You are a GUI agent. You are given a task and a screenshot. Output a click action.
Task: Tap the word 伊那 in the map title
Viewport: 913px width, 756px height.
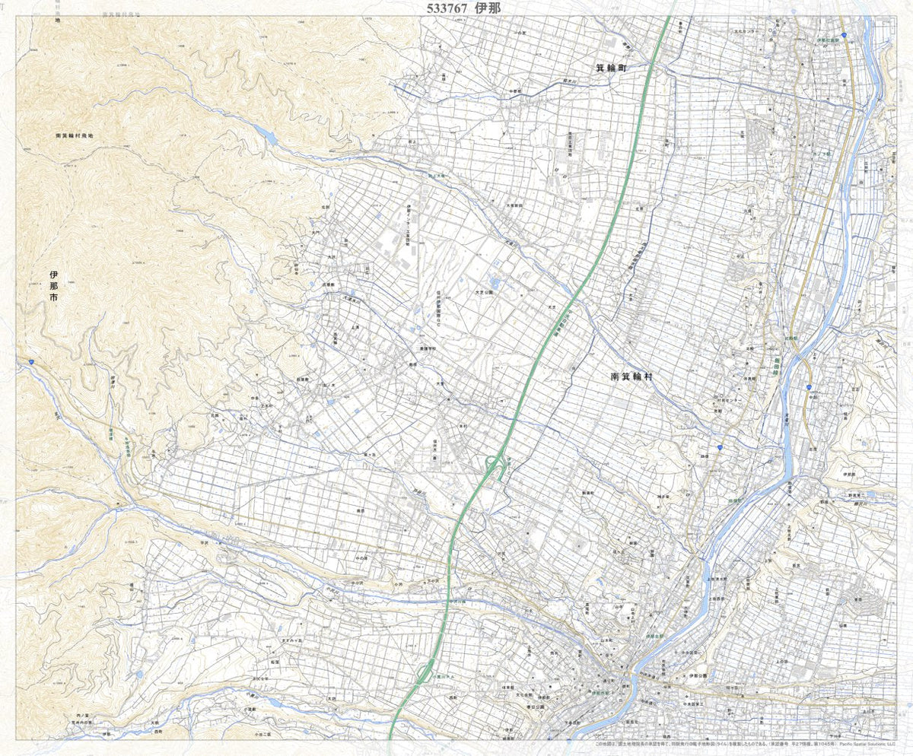pyautogui.click(x=488, y=8)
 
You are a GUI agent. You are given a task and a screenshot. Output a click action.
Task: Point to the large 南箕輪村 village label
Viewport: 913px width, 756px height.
pyautogui.click(x=638, y=376)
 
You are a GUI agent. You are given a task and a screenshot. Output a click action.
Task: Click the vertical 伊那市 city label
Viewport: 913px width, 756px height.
pyautogui.click(x=53, y=287)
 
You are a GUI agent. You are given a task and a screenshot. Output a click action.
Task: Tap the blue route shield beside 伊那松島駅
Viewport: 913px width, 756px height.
pyautogui.click(x=844, y=35)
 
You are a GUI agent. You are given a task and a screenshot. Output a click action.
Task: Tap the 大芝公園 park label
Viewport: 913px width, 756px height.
pyautogui.click(x=485, y=291)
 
